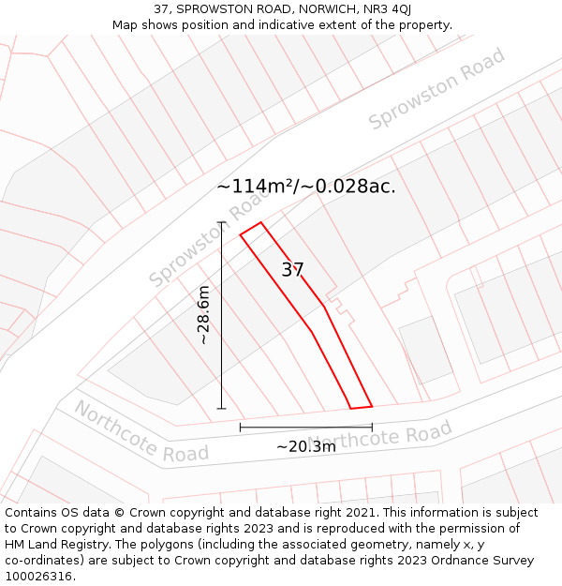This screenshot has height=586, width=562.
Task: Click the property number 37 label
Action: [x=293, y=270]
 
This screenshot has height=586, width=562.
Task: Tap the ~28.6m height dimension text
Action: [x=204, y=315]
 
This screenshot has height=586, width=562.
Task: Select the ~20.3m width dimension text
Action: [x=305, y=447]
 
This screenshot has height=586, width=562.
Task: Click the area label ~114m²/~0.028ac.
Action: [x=306, y=186]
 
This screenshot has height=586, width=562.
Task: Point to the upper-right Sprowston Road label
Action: [x=436, y=89]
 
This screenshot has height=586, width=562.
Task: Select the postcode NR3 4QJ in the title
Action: [x=384, y=9]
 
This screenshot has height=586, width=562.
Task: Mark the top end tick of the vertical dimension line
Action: [x=222, y=222]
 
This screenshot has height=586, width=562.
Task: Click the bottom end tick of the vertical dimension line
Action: [x=222, y=409]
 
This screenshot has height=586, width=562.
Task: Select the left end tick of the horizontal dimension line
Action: [x=241, y=428]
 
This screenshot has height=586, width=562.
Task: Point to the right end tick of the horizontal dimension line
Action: [x=372, y=428]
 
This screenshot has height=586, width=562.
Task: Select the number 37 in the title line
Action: [x=161, y=9]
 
